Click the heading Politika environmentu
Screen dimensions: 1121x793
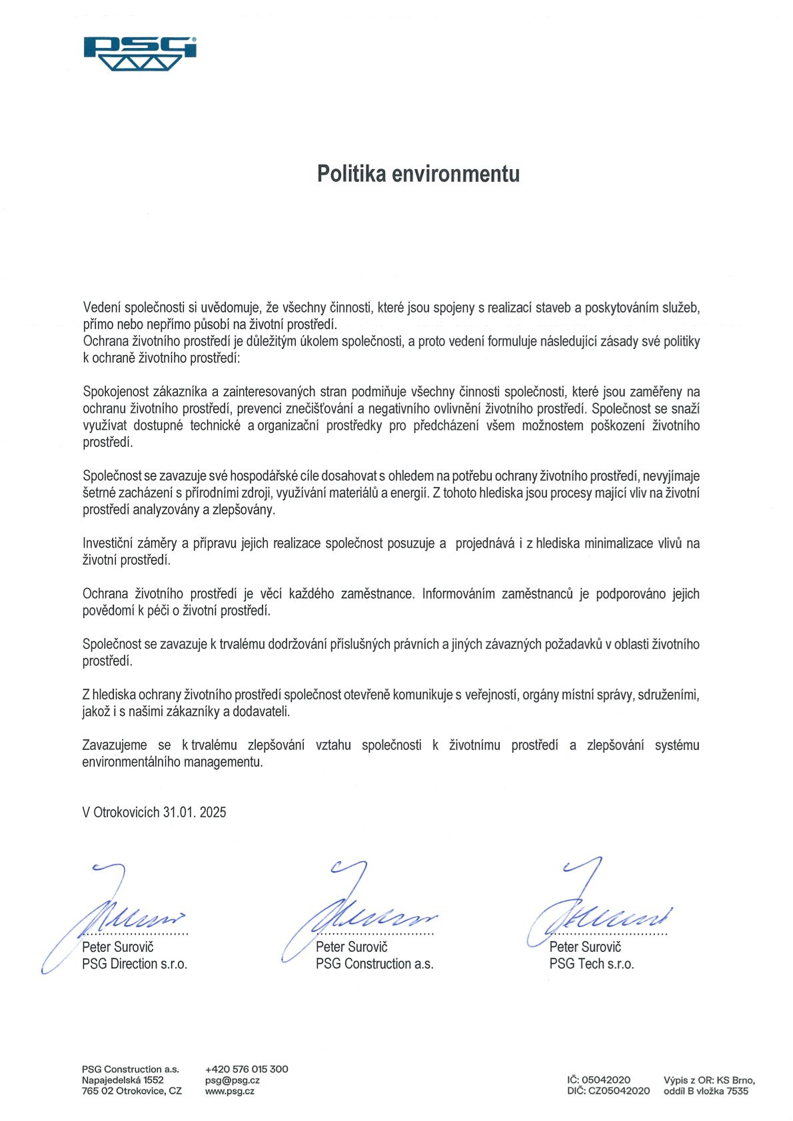point(418,174)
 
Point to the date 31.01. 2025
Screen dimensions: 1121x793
point(195,812)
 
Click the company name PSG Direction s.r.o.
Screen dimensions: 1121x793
point(135,964)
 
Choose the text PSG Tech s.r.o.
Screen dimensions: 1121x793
point(591,964)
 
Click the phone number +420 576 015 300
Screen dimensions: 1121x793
point(247,1069)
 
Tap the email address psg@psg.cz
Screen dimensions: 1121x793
point(232,1080)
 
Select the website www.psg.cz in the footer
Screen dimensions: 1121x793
point(229,1091)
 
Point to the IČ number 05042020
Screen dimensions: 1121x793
point(606,1080)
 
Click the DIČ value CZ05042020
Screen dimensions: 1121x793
point(619,1091)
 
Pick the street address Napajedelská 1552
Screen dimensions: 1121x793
point(123,1080)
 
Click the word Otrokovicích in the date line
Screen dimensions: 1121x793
point(127,812)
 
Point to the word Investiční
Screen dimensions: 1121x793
point(109,544)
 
